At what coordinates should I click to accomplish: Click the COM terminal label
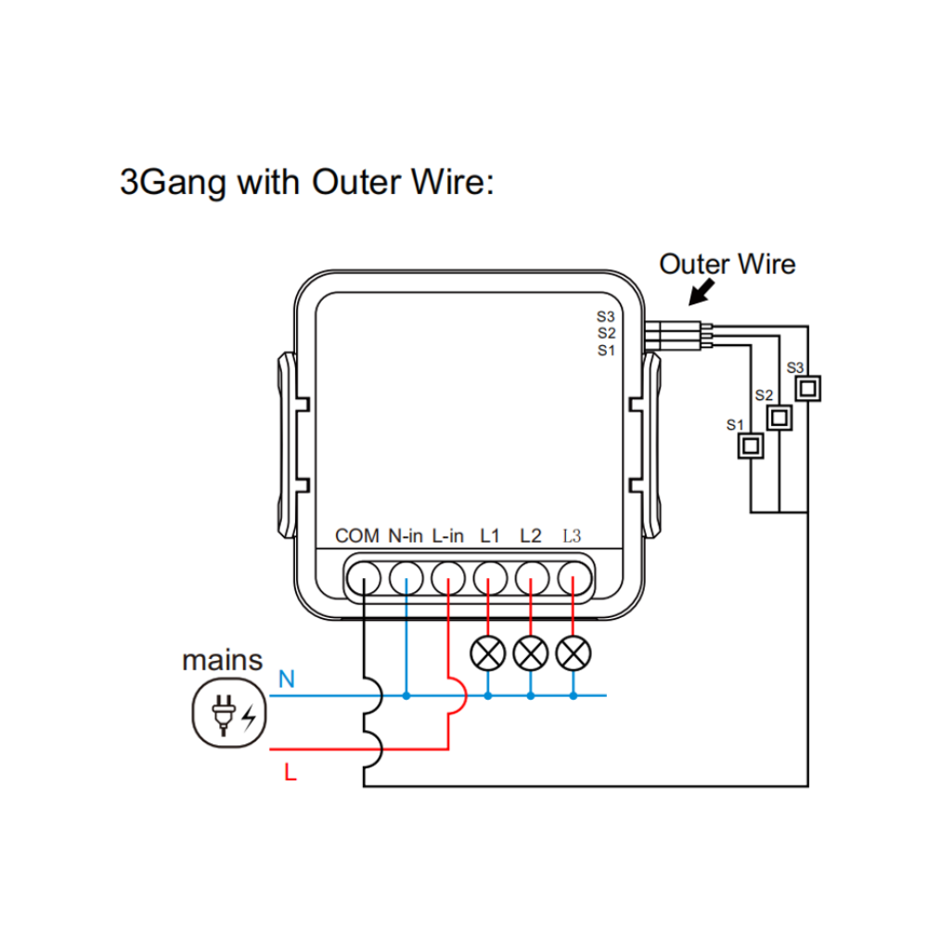pyautogui.click(x=357, y=535)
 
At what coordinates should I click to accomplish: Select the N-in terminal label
pyautogui.click(x=406, y=535)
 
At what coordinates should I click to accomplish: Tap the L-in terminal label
pyautogui.click(x=448, y=535)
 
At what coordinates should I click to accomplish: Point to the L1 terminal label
pyautogui.click(x=489, y=535)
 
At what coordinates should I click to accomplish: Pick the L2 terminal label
pyautogui.click(x=530, y=535)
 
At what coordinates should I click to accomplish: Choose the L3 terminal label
pyautogui.click(x=572, y=535)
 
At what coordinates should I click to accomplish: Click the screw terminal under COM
pyautogui.click(x=364, y=580)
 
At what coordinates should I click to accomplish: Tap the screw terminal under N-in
pyautogui.click(x=406, y=580)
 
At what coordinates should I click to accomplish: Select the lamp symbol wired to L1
pyautogui.click(x=488, y=653)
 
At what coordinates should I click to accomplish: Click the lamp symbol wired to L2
pyautogui.click(x=530, y=653)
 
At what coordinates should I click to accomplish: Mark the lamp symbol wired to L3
pyautogui.click(x=573, y=653)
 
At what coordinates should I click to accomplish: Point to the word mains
pyautogui.click(x=222, y=661)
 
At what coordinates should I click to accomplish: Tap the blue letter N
pyautogui.click(x=287, y=680)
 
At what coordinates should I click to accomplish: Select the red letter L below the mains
pyautogui.click(x=290, y=772)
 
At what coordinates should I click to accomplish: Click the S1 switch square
pyautogui.click(x=749, y=446)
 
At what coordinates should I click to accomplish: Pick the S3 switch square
pyautogui.click(x=809, y=387)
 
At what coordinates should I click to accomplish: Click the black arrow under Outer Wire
pyautogui.click(x=702, y=293)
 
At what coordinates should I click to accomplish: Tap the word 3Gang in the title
pyautogui.click(x=174, y=182)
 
